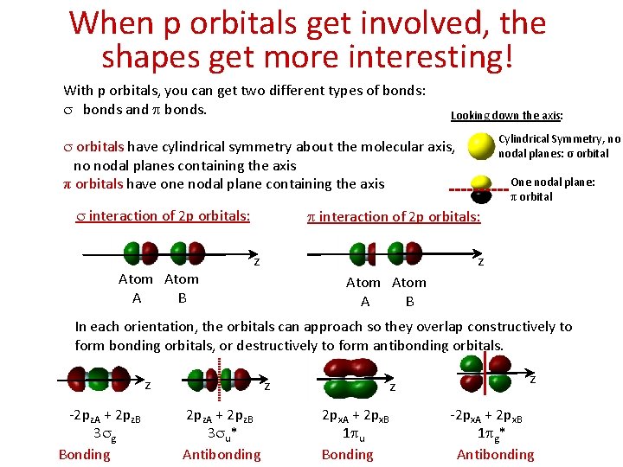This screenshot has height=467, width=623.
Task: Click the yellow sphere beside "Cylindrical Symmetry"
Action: point(481,146)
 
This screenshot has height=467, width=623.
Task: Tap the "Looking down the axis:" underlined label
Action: point(507,115)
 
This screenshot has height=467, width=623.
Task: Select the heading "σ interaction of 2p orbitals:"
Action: point(164,216)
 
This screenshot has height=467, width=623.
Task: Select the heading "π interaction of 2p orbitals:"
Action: point(394,217)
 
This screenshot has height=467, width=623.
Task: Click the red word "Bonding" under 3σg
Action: point(84,455)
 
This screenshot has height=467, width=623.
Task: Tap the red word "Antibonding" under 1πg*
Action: point(495,455)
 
